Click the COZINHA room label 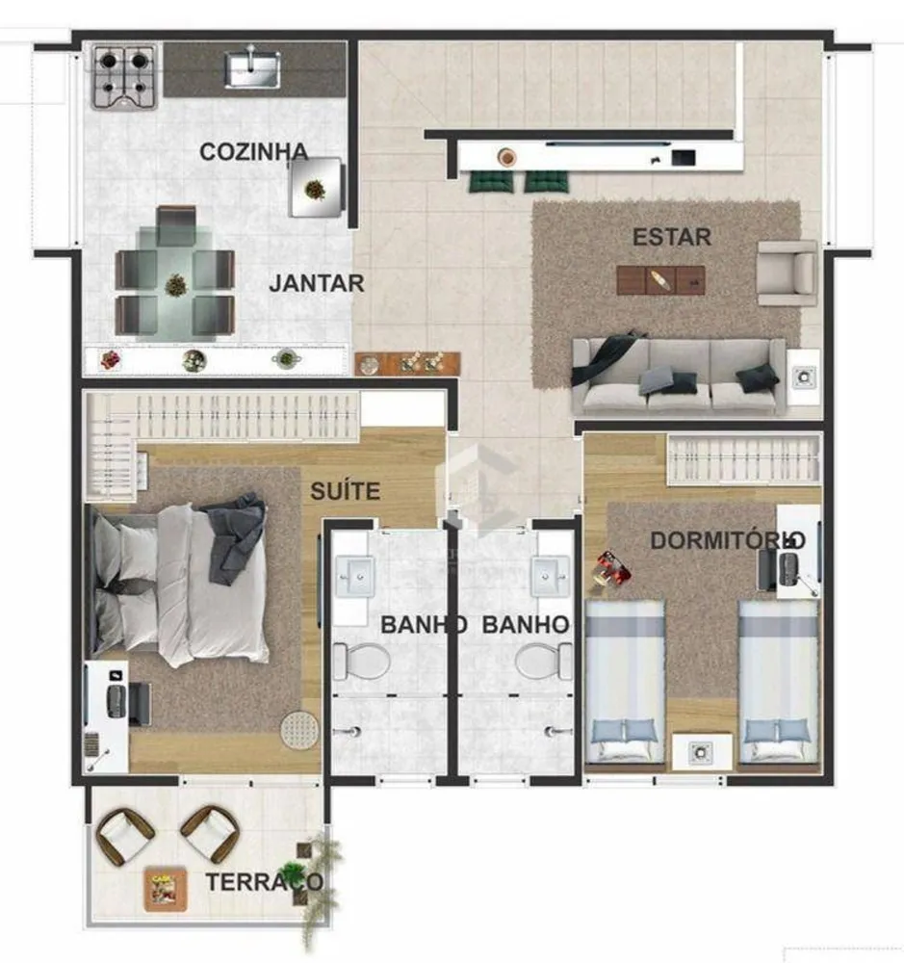point(253,152)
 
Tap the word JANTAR point(317,283)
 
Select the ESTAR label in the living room point(672,237)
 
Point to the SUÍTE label point(346,491)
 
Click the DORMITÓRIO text point(728,540)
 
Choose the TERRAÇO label point(264,882)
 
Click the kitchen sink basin point(252,68)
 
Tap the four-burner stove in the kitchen point(124,78)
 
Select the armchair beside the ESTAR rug point(788,273)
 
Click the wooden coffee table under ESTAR point(660,280)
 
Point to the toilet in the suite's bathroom point(362,662)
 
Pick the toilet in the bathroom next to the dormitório point(544,662)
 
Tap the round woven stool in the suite point(299,730)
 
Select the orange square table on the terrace point(166,888)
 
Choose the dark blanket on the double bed point(233,537)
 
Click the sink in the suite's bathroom point(354,577)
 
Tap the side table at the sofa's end point(803,377)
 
